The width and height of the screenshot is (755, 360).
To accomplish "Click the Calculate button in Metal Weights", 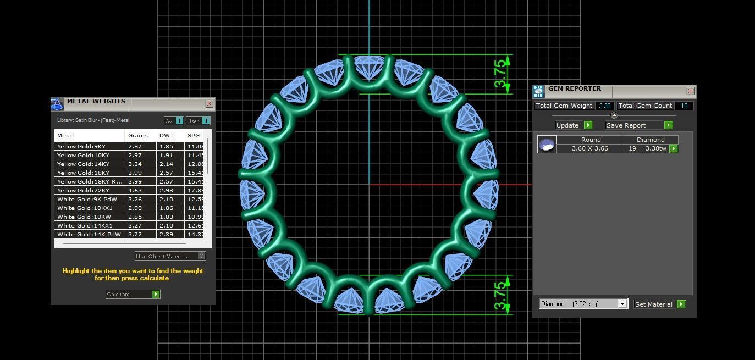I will [133, 295].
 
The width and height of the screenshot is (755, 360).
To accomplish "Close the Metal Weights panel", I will [209, 104].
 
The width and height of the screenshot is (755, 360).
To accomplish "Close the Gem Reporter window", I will [690, 91].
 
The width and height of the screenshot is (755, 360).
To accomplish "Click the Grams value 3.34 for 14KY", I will [135, 164].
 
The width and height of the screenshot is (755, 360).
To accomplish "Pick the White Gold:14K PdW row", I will [89, 234].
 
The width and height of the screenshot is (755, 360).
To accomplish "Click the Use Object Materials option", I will [170, 256].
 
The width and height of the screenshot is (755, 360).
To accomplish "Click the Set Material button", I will [659, 304].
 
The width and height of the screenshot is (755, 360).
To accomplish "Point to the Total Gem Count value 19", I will [685, 106].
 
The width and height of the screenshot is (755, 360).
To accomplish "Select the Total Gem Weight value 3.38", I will [604, 106].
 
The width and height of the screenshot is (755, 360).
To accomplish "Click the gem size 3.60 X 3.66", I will [589, 148].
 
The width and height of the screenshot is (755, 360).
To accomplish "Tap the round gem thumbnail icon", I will [547, 145].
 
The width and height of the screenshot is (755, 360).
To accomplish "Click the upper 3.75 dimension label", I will [499, 74].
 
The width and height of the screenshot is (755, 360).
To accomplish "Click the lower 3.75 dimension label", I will [499, 295].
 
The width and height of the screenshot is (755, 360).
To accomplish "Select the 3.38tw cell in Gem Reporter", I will [655, 148].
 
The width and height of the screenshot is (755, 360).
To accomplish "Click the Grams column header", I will [138, 135].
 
